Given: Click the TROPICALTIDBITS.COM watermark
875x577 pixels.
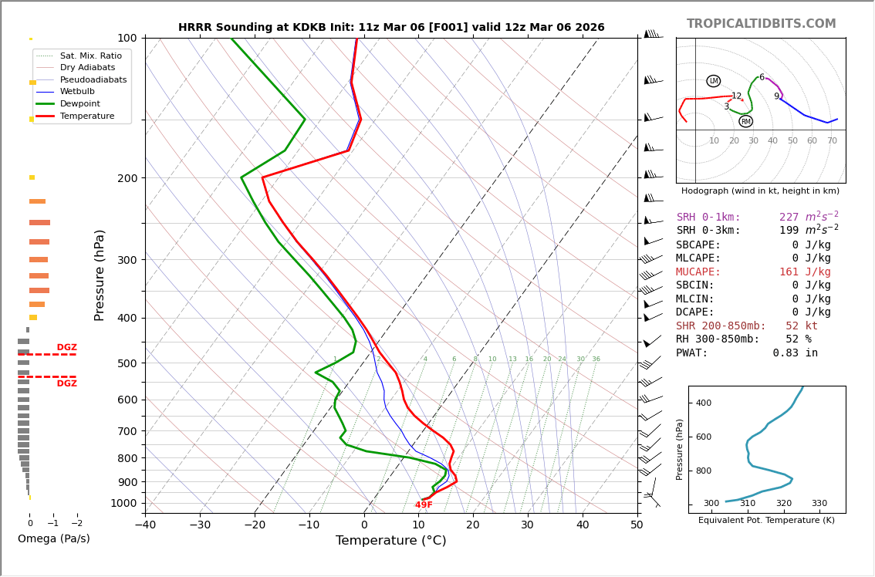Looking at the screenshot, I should point(761,24).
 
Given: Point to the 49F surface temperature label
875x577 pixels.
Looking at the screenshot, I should point(424,505).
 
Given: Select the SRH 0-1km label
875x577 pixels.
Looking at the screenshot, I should point(708,218).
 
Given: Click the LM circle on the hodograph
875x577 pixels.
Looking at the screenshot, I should point(713,81).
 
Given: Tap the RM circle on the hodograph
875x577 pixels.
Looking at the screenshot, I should point(745,121).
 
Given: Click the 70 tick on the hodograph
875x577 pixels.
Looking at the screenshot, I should point(832,141).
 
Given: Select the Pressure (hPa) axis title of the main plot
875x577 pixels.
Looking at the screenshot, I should point(100,275).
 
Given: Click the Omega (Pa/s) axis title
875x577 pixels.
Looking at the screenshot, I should point(54,538).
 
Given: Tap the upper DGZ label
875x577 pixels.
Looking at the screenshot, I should point(66,348).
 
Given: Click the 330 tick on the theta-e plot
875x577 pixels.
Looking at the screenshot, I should point(819,504).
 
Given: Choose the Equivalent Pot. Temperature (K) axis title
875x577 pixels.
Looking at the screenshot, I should point(766,521).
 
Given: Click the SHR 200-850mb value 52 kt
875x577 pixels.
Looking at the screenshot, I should point(802,326).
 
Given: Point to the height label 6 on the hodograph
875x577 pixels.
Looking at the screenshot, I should point(762,77).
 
